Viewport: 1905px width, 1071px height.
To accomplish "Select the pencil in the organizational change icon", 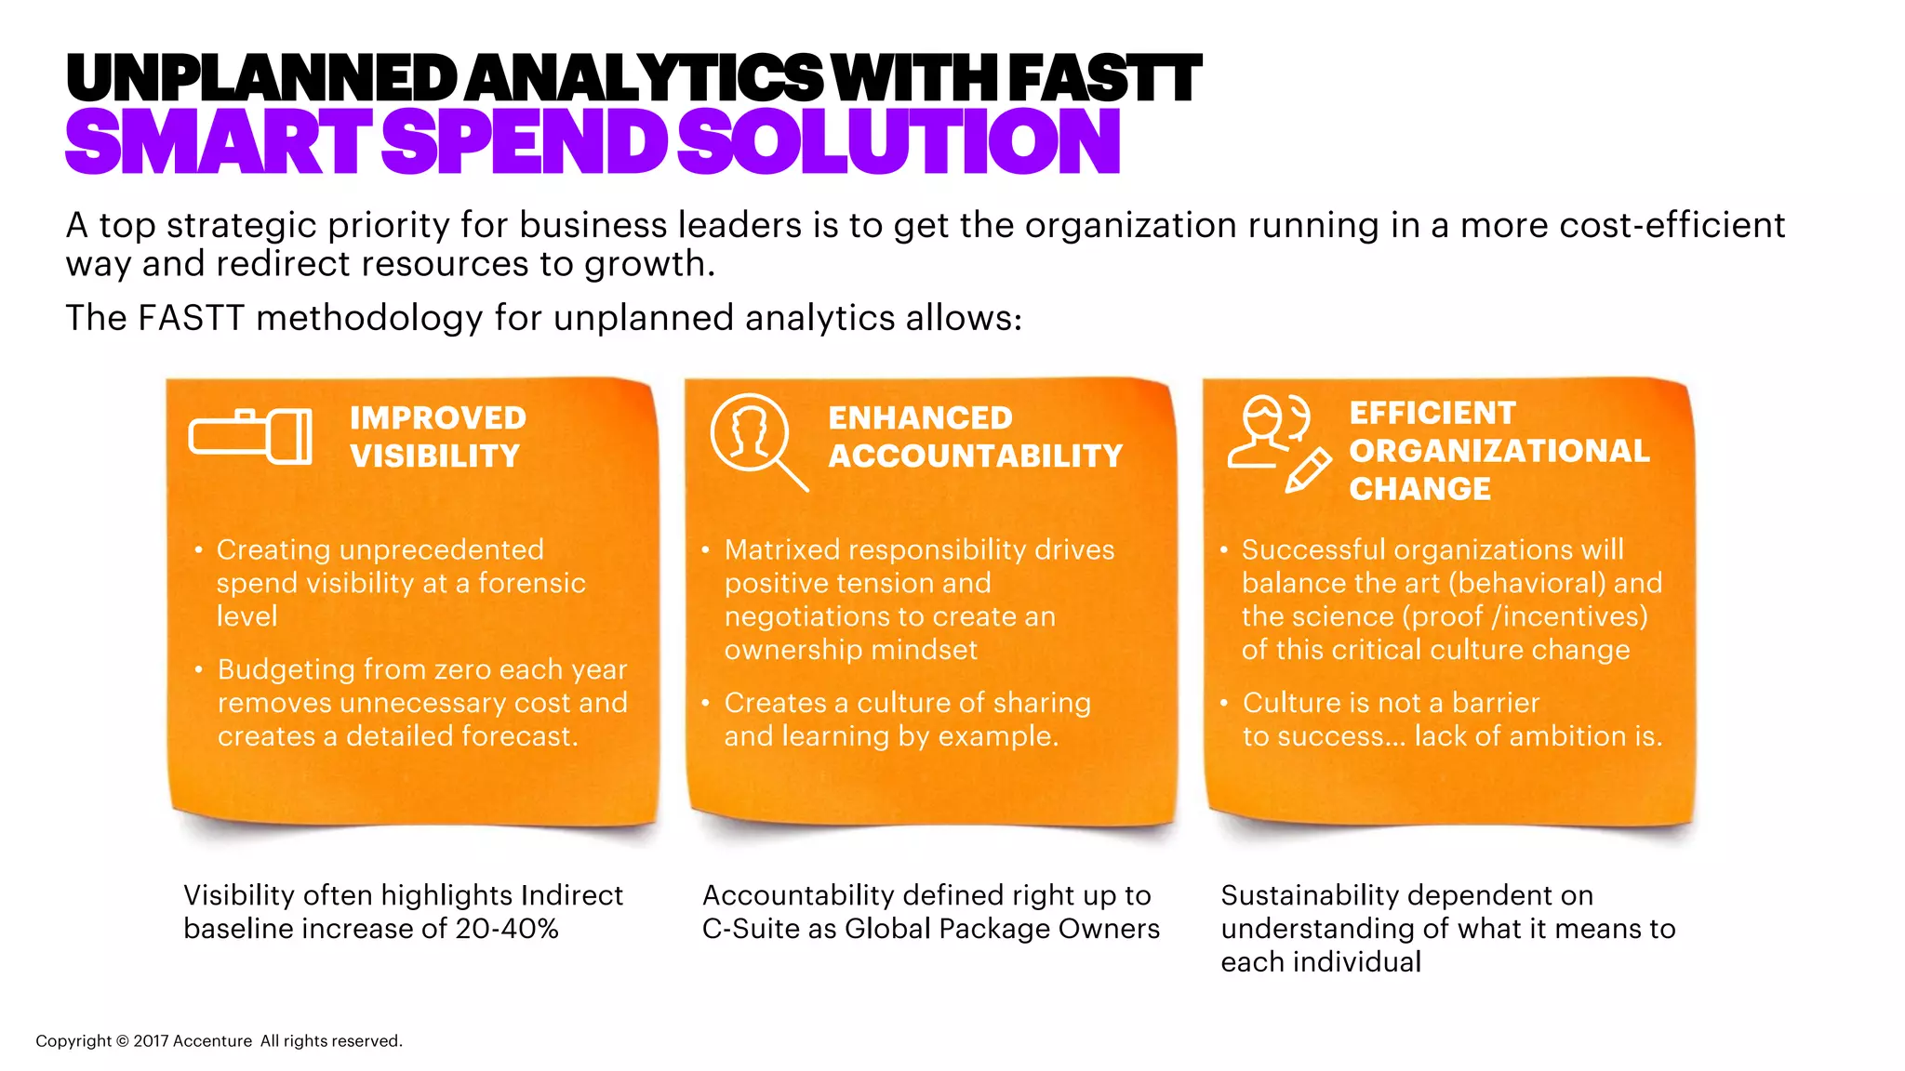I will coord(1308,469).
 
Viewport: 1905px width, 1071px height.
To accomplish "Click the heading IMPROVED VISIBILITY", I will coord(437,437).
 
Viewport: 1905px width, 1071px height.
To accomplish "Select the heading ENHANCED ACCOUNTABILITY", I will coord(975,437).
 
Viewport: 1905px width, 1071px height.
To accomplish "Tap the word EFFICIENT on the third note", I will coord(1432,413).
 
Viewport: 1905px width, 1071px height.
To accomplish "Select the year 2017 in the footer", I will coord(150,1041).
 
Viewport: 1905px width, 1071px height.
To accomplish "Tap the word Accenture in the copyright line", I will coord(213,1041).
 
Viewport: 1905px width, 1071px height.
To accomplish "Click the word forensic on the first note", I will coord(532,583).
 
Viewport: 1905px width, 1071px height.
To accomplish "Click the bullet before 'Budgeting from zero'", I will coord(198,669).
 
